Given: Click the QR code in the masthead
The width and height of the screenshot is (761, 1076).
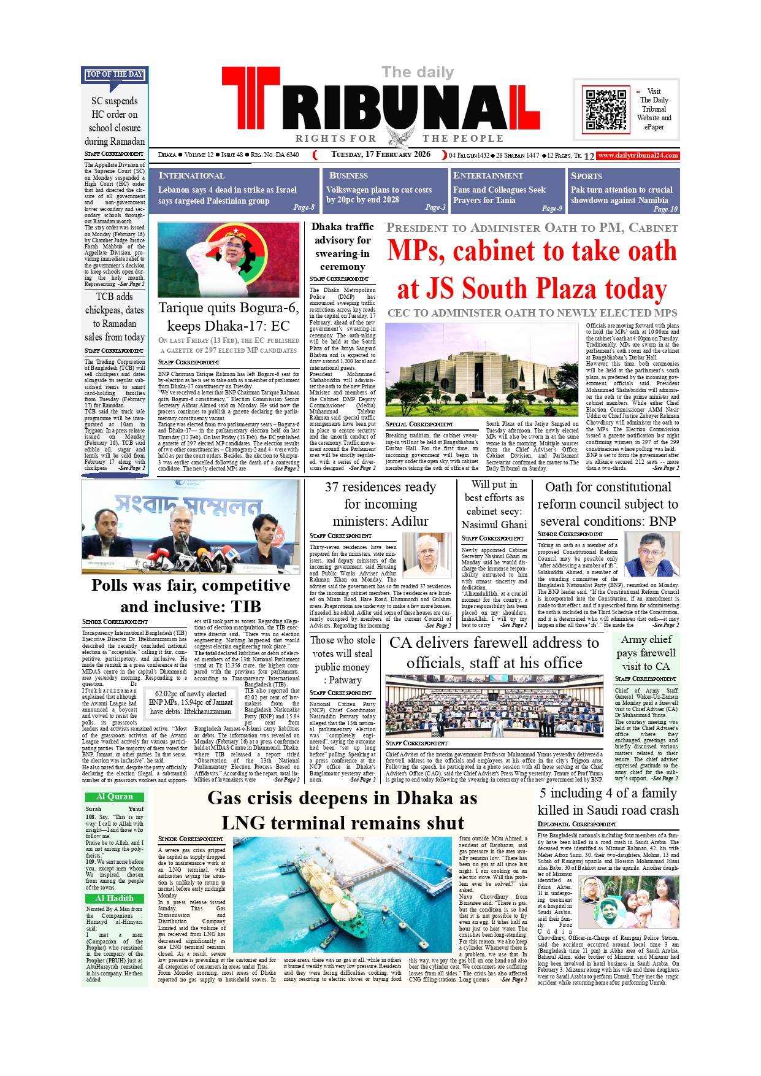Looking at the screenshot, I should pos(606,110).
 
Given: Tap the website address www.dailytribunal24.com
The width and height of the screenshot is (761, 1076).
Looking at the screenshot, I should pos(638,156).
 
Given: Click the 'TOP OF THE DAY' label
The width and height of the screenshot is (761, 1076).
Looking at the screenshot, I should pos(115,74).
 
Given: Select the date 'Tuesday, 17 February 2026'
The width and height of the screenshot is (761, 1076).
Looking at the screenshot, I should pos(381,155).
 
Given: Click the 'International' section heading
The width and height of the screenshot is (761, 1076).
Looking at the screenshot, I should pos(191,175).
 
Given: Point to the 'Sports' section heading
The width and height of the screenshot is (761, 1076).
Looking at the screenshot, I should pos(586,176).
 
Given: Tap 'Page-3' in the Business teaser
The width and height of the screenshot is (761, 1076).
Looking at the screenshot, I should pos(435,207).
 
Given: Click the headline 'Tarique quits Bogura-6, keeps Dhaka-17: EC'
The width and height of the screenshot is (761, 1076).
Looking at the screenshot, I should pos(229,317).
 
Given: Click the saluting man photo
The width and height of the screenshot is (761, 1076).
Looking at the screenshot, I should pos(229,259).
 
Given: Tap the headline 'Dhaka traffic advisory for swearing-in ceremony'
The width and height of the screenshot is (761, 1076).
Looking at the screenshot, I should pos(342,247).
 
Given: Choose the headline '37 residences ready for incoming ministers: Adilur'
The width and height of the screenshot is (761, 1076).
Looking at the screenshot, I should pos(380,504).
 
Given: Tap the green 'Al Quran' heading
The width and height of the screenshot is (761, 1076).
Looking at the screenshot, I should pos(115,797).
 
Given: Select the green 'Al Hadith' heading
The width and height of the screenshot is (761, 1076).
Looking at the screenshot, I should pos(115,899).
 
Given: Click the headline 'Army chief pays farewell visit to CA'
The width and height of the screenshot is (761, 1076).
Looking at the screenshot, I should pos(646,653).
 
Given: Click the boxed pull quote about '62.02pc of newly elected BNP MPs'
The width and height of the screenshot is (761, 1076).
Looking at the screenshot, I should pos(191,702).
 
